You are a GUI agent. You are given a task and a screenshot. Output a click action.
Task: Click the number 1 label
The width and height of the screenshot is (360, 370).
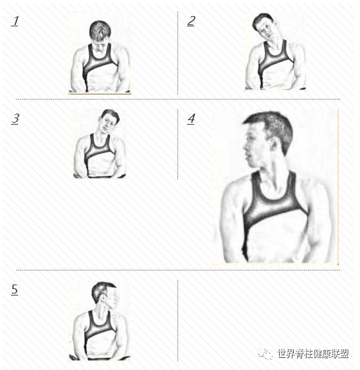tap(15, 21)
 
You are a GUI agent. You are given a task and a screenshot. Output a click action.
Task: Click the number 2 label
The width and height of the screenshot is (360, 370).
tap(191, 21)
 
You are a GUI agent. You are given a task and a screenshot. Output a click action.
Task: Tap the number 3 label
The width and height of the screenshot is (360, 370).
tap(15, 119)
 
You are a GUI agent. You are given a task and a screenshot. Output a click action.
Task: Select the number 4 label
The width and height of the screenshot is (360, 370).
tap(192, 119)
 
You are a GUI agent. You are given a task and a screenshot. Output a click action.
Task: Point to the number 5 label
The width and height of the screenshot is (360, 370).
tap(14, 290)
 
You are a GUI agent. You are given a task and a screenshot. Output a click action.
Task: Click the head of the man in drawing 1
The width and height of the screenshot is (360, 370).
tap(100, 35)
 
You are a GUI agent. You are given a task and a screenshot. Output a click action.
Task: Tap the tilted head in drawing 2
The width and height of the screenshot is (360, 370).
tap(265, 27)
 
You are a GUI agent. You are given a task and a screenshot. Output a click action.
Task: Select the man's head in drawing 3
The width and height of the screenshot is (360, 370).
tap(109, 120)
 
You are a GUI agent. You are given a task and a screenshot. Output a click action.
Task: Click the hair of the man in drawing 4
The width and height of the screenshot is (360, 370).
tap(273, 127)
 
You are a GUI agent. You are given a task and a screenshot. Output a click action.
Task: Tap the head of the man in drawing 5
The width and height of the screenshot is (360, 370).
tap(104, 294)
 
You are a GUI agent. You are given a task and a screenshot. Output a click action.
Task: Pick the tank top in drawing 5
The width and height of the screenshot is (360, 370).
tap(100, 335)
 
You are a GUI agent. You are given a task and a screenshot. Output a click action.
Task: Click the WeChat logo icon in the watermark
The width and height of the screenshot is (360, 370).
tap(265, 353)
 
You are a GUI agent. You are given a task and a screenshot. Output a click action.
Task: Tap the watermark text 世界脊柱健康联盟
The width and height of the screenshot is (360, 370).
tap(313, 354)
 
